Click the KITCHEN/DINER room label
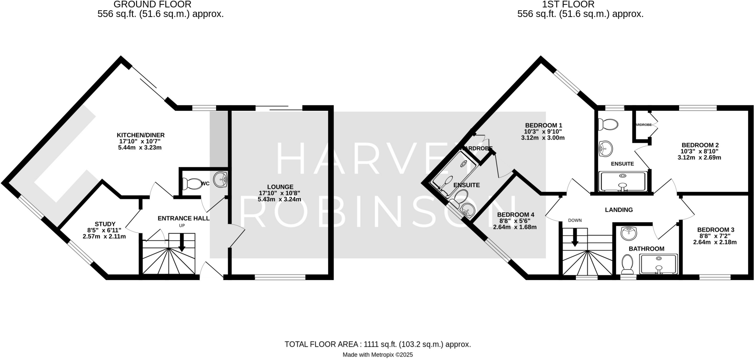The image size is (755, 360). [x=140, y=135]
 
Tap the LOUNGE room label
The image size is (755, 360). [x=281, y=187]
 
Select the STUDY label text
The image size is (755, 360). [x=105, y=224]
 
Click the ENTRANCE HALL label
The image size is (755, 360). [x=183, y=218]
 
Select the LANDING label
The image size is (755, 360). [x=619, y=210]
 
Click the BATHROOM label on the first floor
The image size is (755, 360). [x=646, y=249]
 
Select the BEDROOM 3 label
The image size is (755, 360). [x=713, y=230]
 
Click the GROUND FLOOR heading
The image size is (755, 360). [x=152, y=4]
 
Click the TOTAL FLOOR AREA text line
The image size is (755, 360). [x=377, y=344]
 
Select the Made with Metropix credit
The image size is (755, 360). [x=377, y=355]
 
